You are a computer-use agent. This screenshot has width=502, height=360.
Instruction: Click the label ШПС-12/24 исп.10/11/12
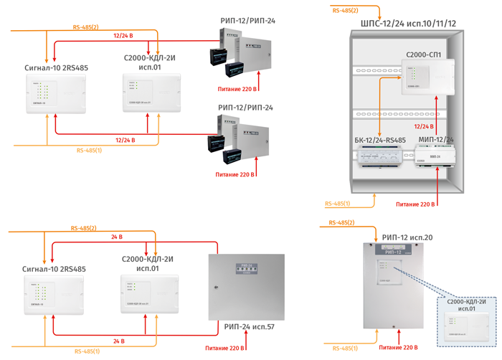coord(407,24)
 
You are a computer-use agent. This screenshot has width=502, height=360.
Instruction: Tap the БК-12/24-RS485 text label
coord(380,140)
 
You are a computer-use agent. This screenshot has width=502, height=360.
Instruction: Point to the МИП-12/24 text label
coord(435,140)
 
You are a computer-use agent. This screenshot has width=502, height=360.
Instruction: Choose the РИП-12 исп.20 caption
coord(407,237)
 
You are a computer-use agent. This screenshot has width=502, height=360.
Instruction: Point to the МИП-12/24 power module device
coord(435,157)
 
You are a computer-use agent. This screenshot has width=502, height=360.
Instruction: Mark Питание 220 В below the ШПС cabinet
coord(416,204)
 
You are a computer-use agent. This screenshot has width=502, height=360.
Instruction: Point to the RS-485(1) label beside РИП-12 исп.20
coord(344,347)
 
